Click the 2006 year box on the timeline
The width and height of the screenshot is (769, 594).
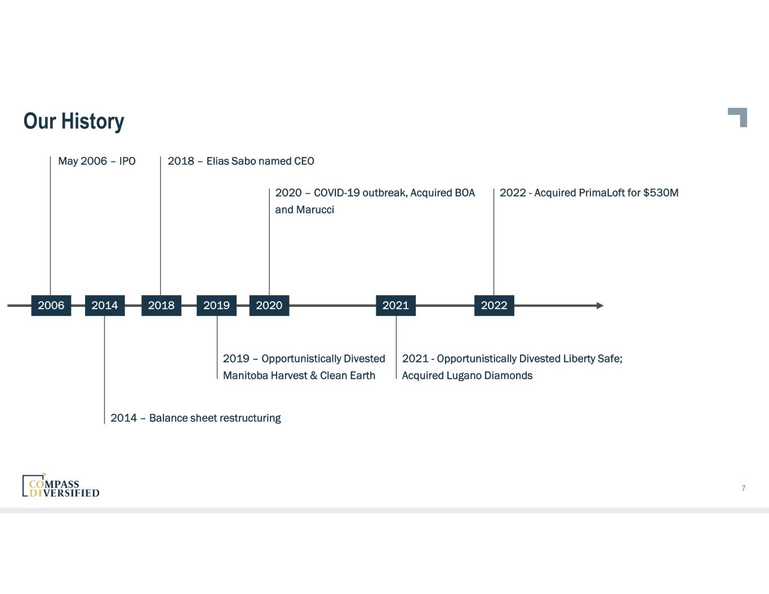51,305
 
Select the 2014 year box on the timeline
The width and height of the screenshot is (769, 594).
105,305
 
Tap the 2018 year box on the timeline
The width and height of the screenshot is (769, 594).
161,305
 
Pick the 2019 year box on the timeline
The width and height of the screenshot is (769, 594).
216,305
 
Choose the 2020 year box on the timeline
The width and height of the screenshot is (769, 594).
269,305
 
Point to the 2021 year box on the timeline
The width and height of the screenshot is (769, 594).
395,305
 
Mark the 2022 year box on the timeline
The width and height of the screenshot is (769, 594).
494,305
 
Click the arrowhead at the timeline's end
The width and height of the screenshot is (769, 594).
599,306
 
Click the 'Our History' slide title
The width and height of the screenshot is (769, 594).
74,121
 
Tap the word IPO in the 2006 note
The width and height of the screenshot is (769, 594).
127,161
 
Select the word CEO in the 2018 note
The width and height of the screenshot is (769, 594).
304,161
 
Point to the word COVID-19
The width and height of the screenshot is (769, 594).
336,193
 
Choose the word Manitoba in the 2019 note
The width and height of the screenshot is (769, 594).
245,376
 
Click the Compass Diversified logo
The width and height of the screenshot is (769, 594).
61,486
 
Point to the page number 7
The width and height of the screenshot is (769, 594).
744,488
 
